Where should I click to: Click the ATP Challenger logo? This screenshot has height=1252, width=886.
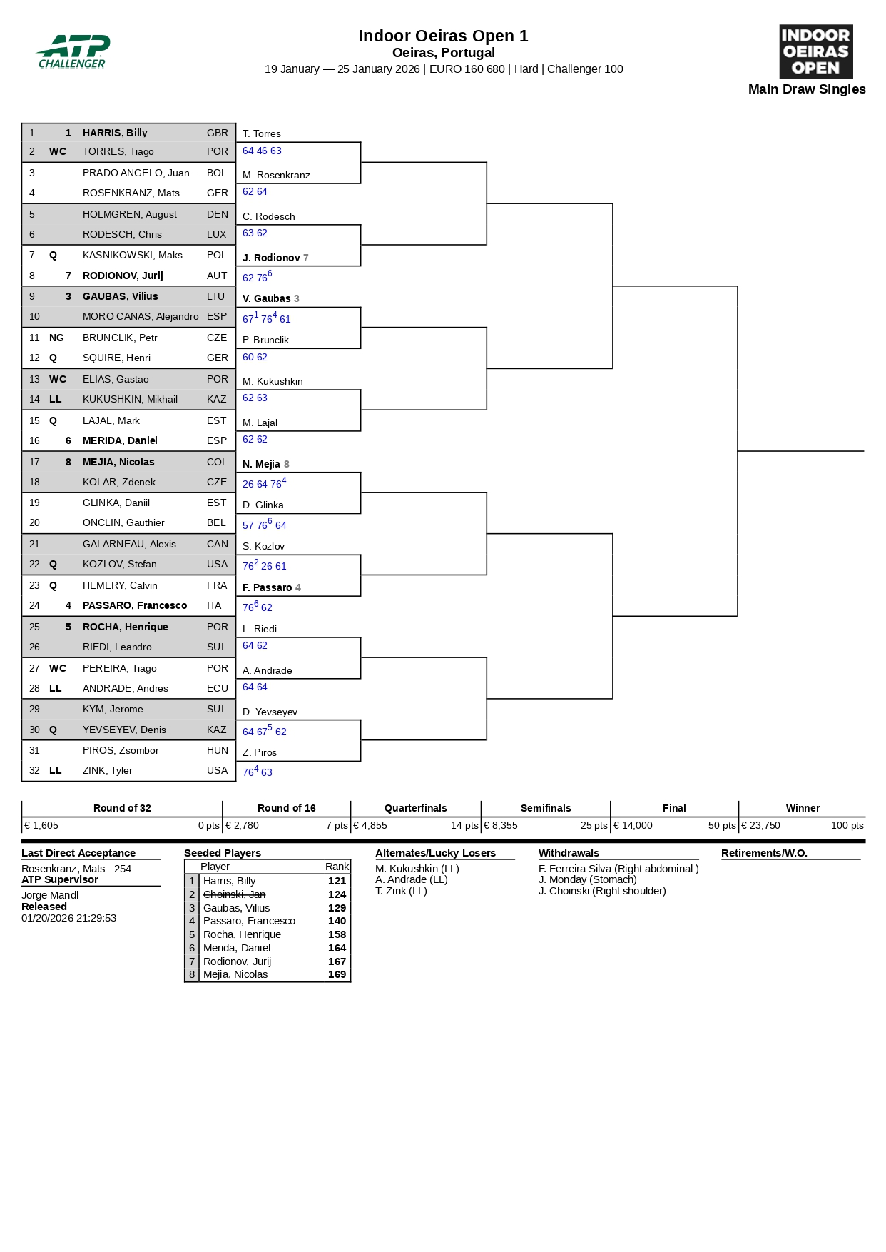pyautogui.click(x=73, y=51)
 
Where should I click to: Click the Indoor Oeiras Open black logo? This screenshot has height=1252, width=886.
pyautogui.click(x=815, y=51)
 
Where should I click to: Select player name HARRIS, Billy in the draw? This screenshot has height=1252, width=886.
pyautogui.click(x=115, y=133)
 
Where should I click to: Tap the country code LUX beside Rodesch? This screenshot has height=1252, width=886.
pyautogui.click(x=217, y=234)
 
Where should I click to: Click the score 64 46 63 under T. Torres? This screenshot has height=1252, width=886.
pyautogui.click(x=262, y=151)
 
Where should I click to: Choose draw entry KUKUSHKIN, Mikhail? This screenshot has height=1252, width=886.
pyautogui.click(x=130, y=399)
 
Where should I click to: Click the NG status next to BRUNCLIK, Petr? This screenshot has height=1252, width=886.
pyautogui.click(x=56, y=338)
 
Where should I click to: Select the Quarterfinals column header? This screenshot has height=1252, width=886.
pyautogui.click(x=415, y=808)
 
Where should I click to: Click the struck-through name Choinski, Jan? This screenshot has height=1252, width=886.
pyautogui.click(x=234, y=894)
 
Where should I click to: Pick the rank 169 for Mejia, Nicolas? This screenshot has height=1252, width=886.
pyautogui.click(x=337, y=974)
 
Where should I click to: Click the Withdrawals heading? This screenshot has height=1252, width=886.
pyautogui.click(x=569, y=853)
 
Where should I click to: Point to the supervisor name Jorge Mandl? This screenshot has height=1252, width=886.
pyautogui.click(x=50, y=895)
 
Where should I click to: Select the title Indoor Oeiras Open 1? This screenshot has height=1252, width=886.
pyautogui.click(x=443, y=36)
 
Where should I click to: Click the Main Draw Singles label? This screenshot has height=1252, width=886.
pyautogui.click(x=806, y=89)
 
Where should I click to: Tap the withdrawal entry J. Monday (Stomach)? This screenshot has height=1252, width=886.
pyautogui.click(x=587, y=879)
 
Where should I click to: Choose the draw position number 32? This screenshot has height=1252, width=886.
pyautogui.click(x=34, y=770)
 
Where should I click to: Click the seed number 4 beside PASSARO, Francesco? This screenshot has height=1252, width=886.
pyautogui.click(x=68, y=605)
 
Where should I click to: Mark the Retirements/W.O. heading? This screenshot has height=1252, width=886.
pyautogui.click(x=764, y=853)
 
